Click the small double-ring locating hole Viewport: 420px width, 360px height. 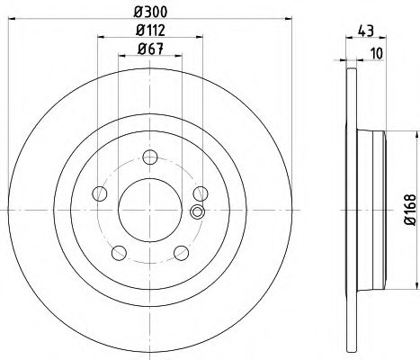pyautogui.click(x=198, y=211)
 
